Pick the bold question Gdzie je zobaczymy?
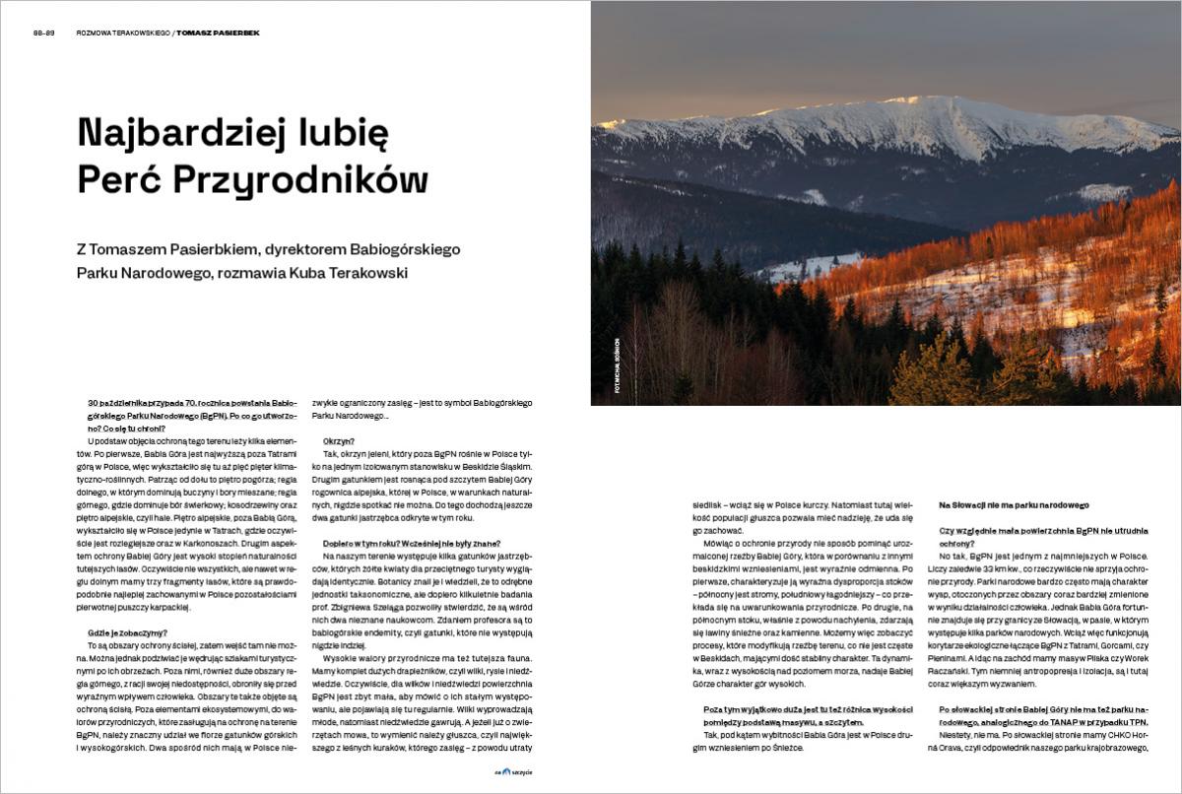coord(128,632)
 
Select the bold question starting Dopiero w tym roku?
coord(412,544)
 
